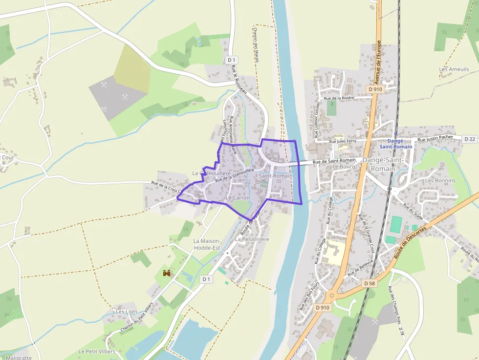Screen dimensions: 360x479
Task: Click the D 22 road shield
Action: click(x=470, y=139)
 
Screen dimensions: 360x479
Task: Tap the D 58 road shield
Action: click(x=369, y=283)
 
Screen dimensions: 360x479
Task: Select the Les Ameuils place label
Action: click(x=454, y=69)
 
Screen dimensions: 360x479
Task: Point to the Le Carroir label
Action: click(x=238, y=198)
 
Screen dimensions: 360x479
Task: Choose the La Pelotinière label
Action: click(x=252, y=239)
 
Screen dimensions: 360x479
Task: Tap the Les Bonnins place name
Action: click(x=440, y=180)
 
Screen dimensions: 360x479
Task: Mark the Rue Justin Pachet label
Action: click(x=435, y=138)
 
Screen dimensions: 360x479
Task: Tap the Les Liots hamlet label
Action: click(x=127, y=311)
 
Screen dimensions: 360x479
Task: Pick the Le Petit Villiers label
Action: click(x=97, y=351)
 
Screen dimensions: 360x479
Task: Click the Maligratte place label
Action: click(x=19, y=357)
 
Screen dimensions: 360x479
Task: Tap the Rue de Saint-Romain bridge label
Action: click(x=334, y=160)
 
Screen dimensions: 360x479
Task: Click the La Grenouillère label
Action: click(x=208, y=173)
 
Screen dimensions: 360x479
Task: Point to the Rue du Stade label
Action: click(x=416, y=213)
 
